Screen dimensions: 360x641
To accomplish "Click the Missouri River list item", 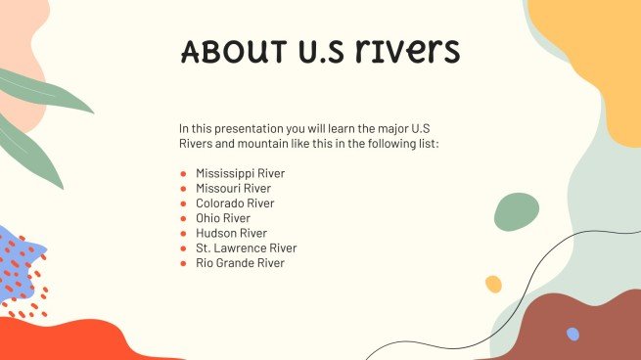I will (x=233, y=188).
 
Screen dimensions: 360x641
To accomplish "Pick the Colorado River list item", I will (x=235, y=203).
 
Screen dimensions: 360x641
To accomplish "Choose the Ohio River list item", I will (x=222, y=218).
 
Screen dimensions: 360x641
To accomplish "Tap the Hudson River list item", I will (x=231, y=233).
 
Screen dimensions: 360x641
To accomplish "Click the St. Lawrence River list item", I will (x=246, y=248).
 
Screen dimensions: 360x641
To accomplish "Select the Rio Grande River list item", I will (x=241, y=263).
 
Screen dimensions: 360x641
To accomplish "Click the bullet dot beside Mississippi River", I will (x=183, y=174).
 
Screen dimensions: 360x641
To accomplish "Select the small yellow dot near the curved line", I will (x=493, y=284).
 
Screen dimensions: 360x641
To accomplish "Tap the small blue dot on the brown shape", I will (x=572, y=335).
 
